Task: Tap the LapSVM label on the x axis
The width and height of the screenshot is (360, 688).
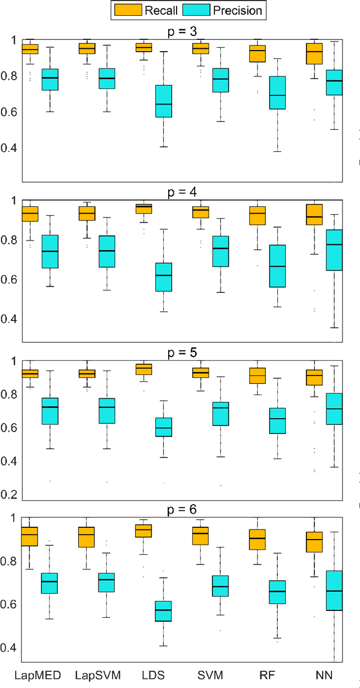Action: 98,676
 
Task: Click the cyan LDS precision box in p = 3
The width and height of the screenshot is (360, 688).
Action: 163,101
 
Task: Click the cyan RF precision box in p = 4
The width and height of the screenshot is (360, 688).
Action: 277,266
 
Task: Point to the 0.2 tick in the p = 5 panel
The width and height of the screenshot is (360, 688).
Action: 11,495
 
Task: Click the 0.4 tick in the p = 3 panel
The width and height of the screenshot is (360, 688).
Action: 11,148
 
